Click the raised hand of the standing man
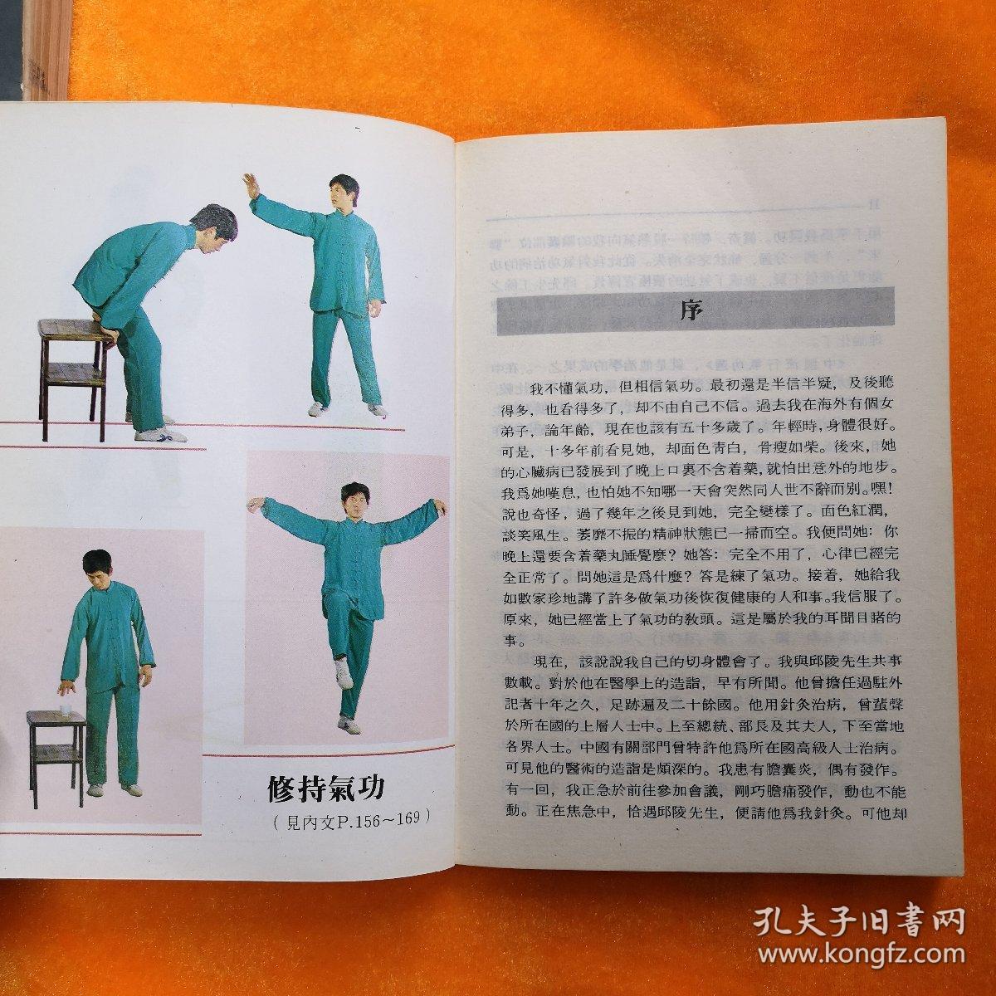click(250, 182)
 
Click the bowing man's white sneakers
click(159, 432)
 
